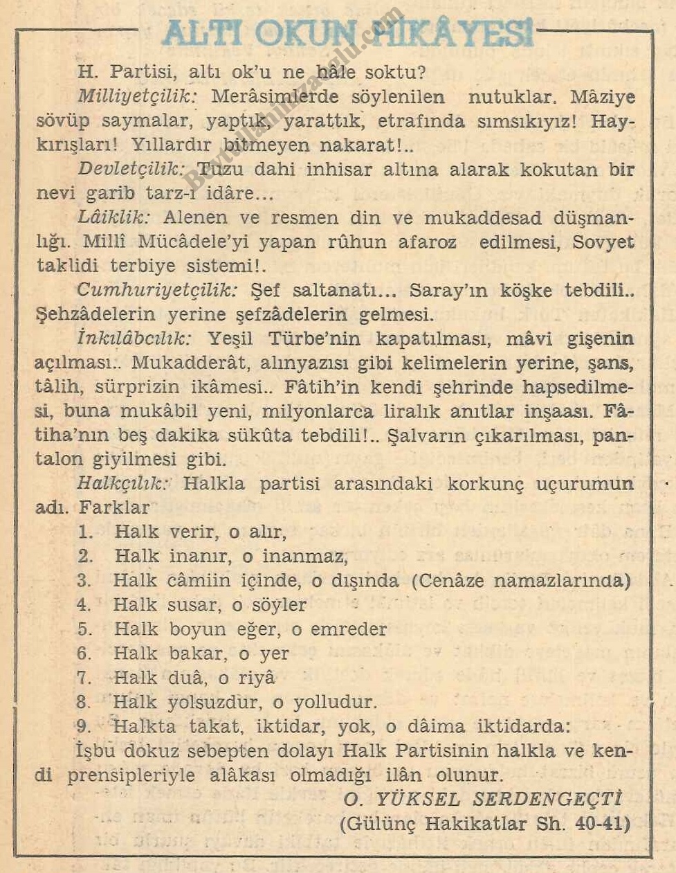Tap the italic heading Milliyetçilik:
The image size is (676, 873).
[x=137, y=96]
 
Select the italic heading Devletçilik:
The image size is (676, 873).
[x=131, y=169]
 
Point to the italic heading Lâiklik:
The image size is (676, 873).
[x=113, y=217]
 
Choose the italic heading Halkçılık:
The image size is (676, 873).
[x=122, y=483]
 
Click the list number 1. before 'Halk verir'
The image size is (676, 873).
[x=85, y=532]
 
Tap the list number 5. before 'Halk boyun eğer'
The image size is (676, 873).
[x=85, y=629]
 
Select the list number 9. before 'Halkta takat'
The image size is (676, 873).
[x=85, y=726]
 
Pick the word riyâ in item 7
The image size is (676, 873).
[x=256, y=678]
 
